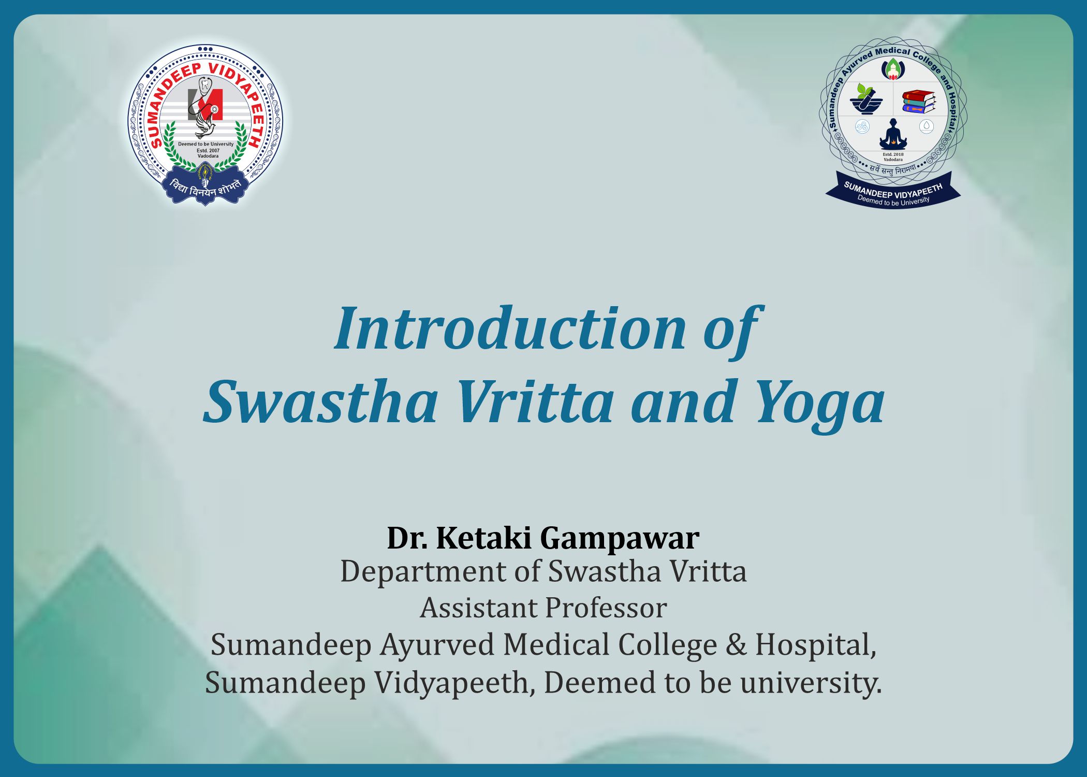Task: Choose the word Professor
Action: tap(605, 608)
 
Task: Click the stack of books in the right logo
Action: tap(919, 102)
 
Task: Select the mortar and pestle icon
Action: tap(865, 99)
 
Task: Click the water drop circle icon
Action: tap(927, 126)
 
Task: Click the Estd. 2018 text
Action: tap(893, 154)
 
